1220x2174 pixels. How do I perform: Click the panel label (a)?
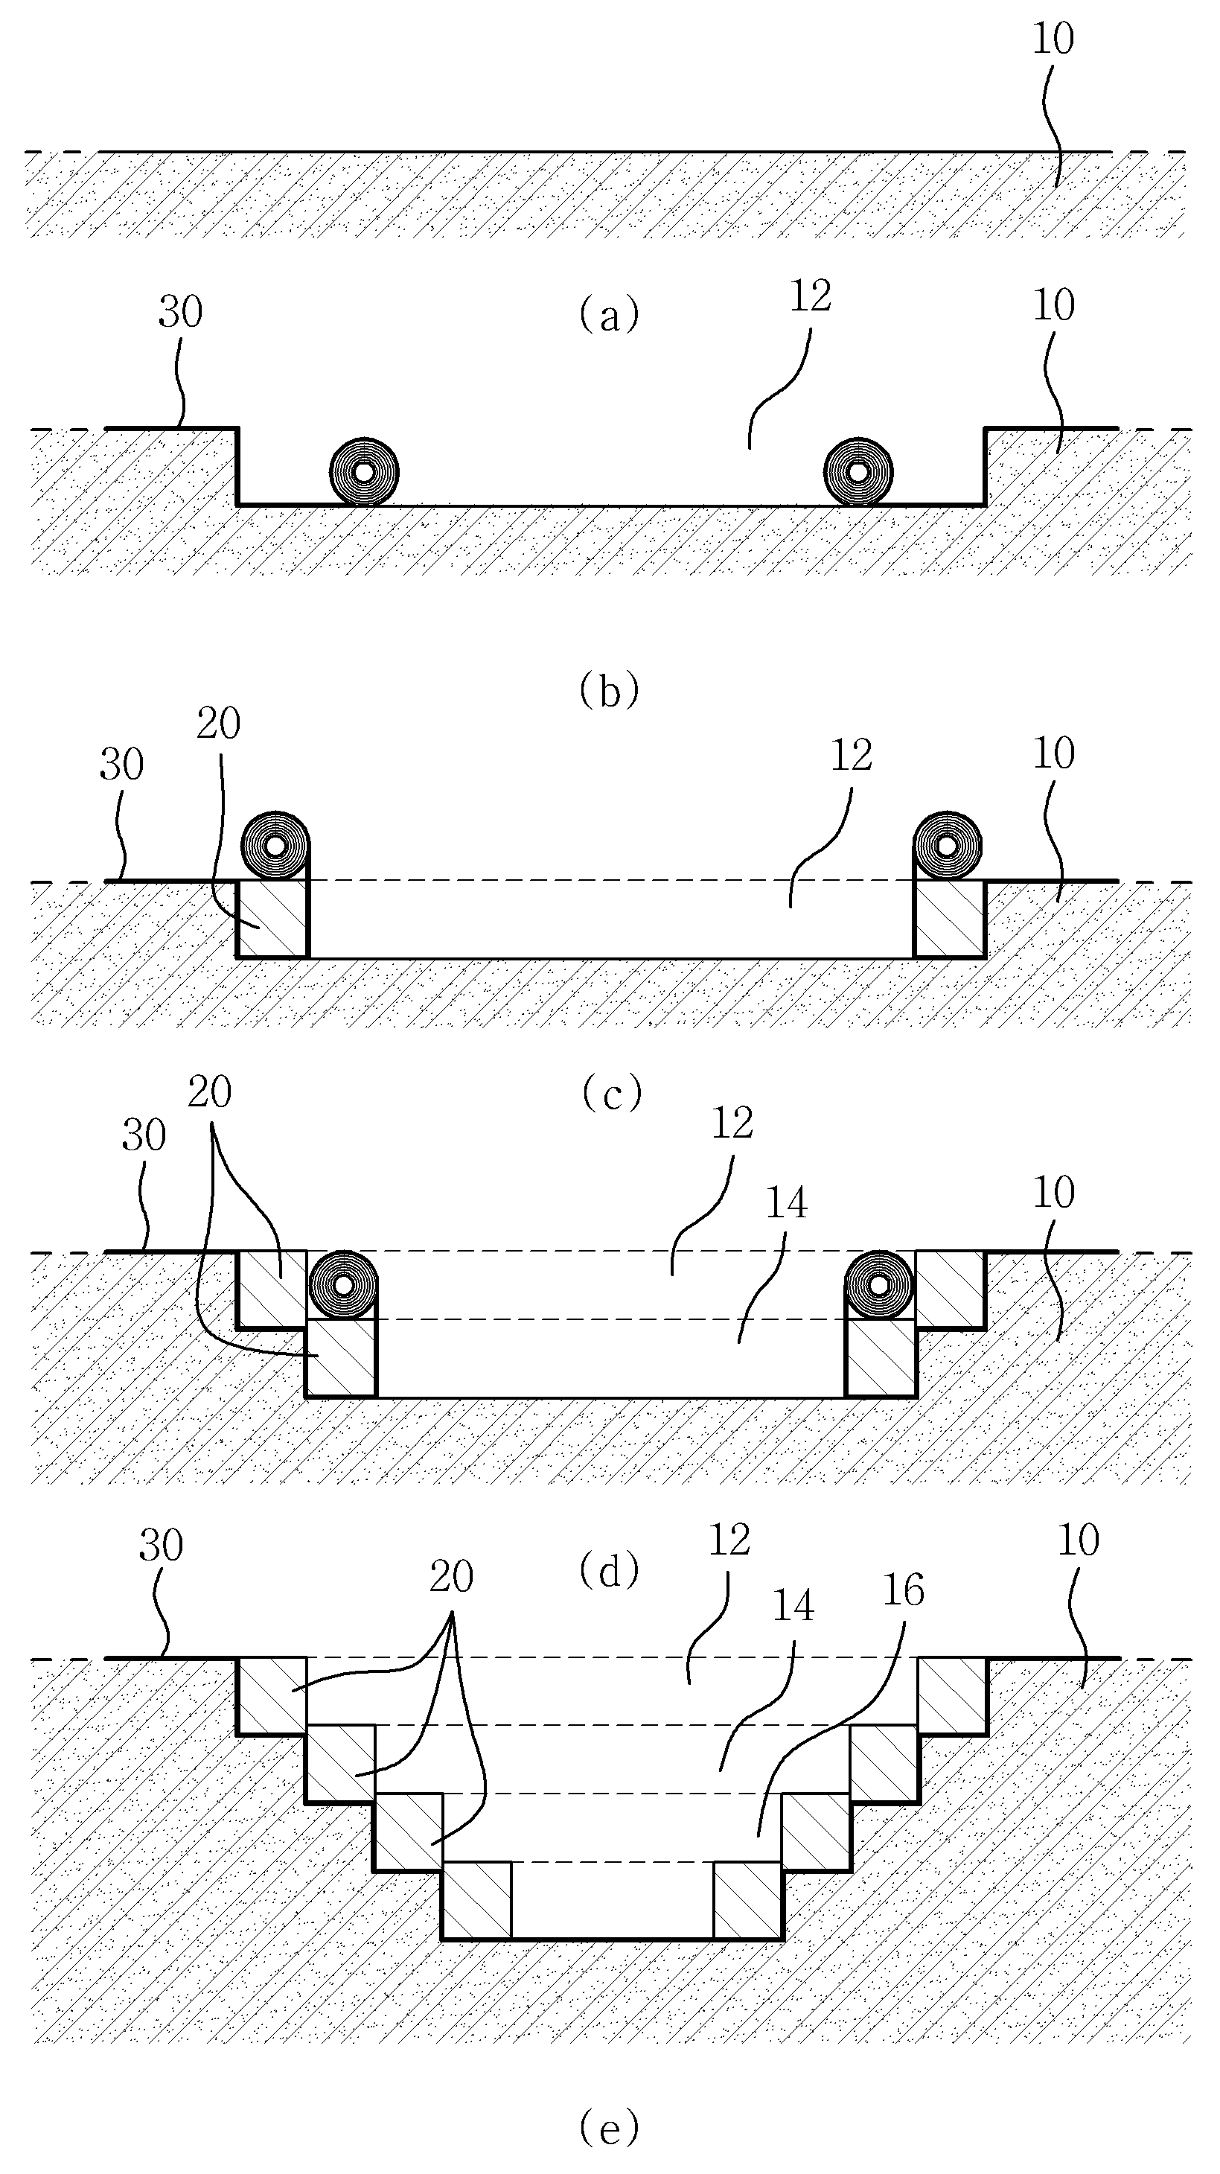[x=609, y=315]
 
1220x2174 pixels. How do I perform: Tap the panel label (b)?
[x=609, y=690]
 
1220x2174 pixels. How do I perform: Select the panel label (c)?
[x=611, y=1094]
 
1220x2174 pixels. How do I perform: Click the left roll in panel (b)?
[x=364, y=472]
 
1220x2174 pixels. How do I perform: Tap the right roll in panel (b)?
[x=858, y=472]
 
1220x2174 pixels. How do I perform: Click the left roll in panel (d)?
[x=343, y=1284]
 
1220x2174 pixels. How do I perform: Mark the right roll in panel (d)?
[x=880, y=1284]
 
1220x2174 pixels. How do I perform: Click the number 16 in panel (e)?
[x=904, y=1590]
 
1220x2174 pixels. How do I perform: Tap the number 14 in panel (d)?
[x=785, y=1202]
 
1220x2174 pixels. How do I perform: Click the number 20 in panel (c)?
[x=219, y=723]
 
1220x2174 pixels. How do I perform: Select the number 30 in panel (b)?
[x=181, y=312]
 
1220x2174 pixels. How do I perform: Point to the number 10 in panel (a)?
[x=1054, y=39]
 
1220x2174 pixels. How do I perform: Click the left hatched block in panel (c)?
[x=272, y=919]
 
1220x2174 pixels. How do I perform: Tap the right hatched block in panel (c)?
[x=950, y=919]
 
